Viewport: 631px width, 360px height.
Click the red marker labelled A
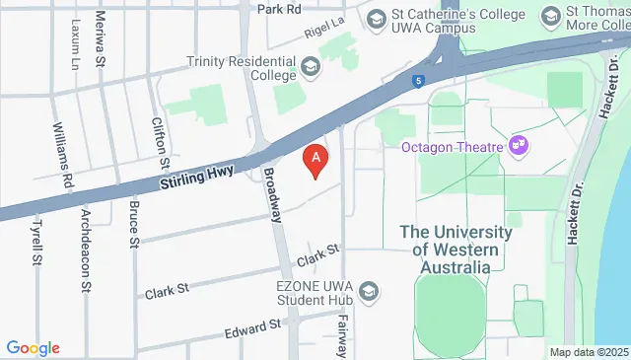coord(315,157)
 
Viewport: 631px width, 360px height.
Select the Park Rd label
coord(278,9)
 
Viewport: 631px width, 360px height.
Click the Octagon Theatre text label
coord(453,147)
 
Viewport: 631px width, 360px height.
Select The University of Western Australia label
coord(456,250)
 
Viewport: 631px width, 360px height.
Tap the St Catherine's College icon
coord(376,19)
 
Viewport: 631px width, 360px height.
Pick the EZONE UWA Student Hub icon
coord(369,291)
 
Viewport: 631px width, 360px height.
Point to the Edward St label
coord(253,326)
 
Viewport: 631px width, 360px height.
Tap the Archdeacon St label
coord(86,237)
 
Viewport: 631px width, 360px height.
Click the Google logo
coord(34,347)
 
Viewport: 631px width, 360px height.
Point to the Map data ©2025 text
coord(588,352)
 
